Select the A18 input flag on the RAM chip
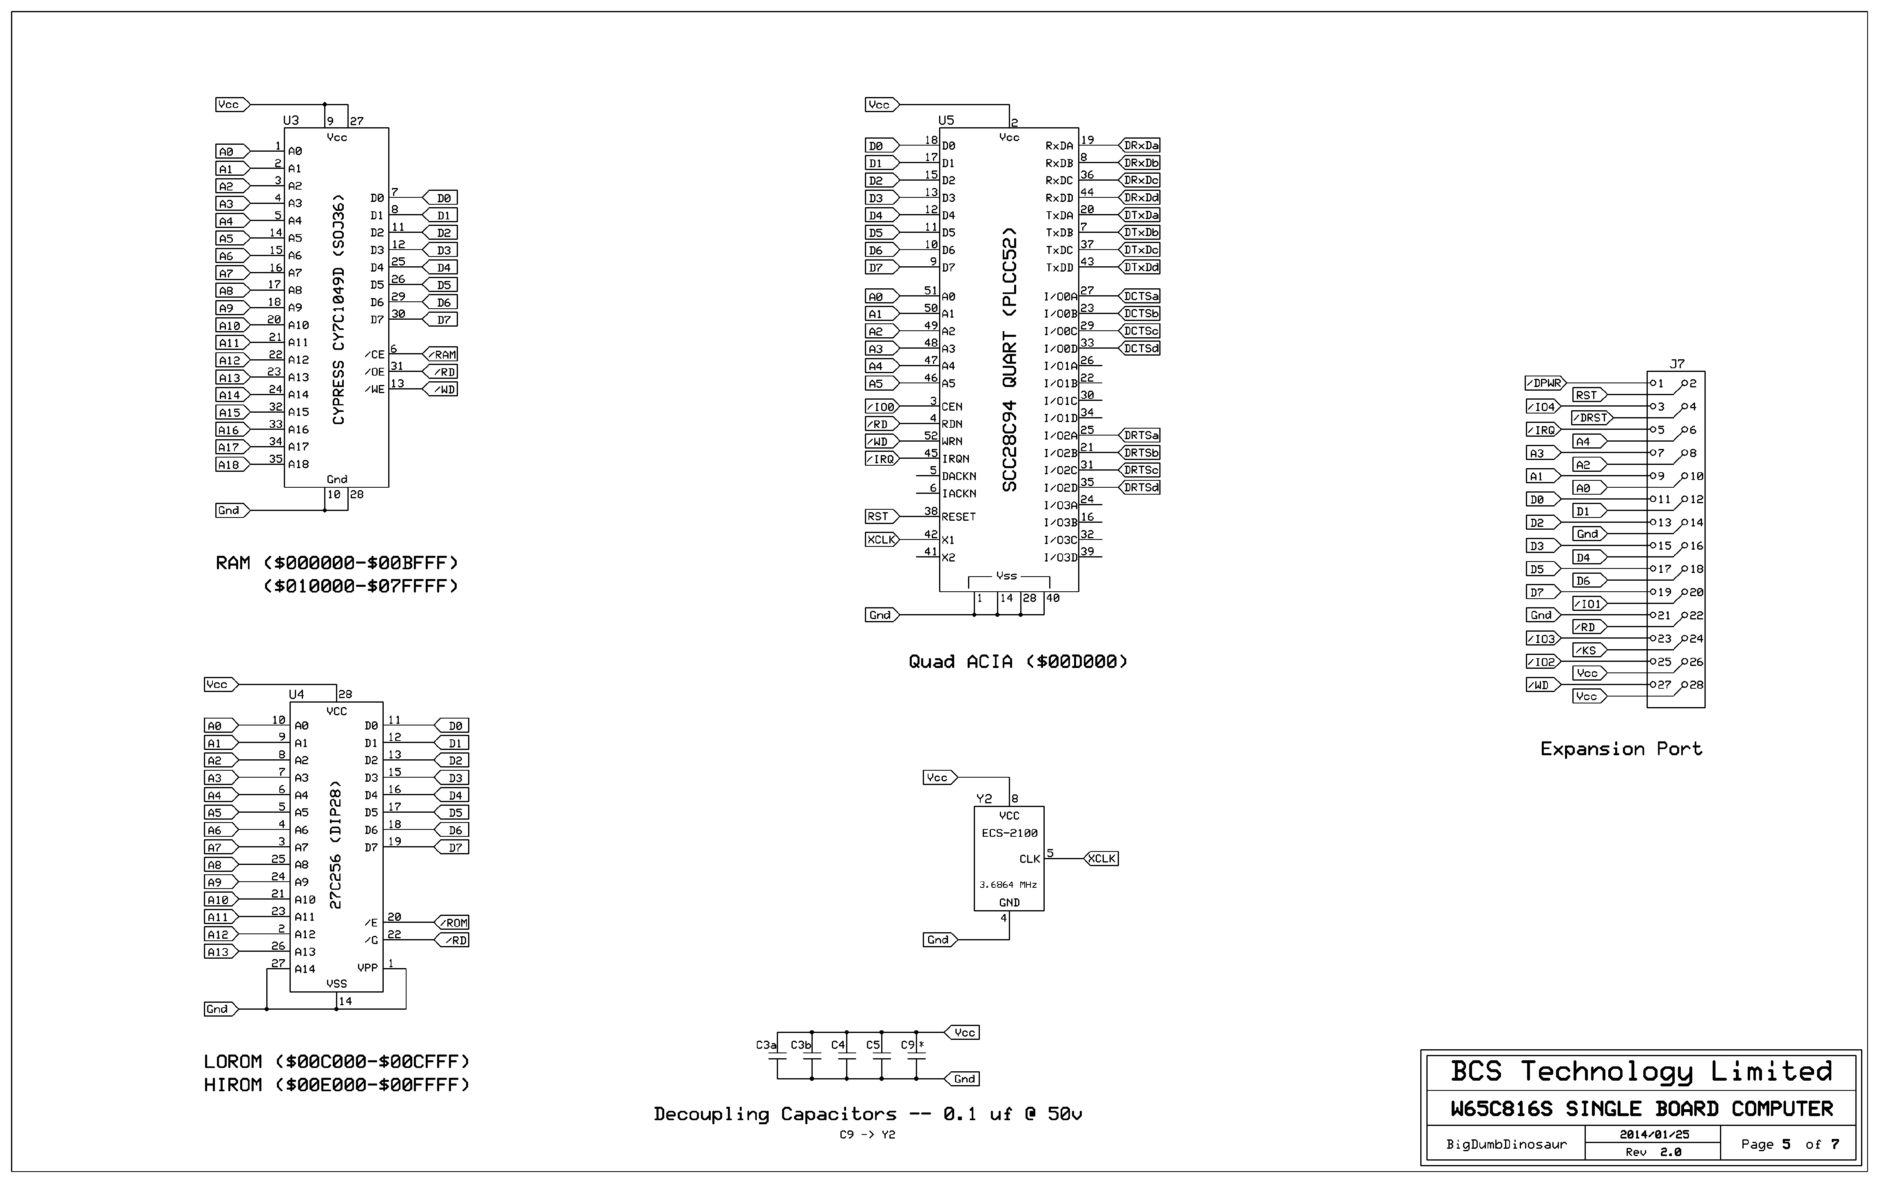point(230,465)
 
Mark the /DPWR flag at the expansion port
point(1545,384)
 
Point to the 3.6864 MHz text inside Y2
point(1008,885)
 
